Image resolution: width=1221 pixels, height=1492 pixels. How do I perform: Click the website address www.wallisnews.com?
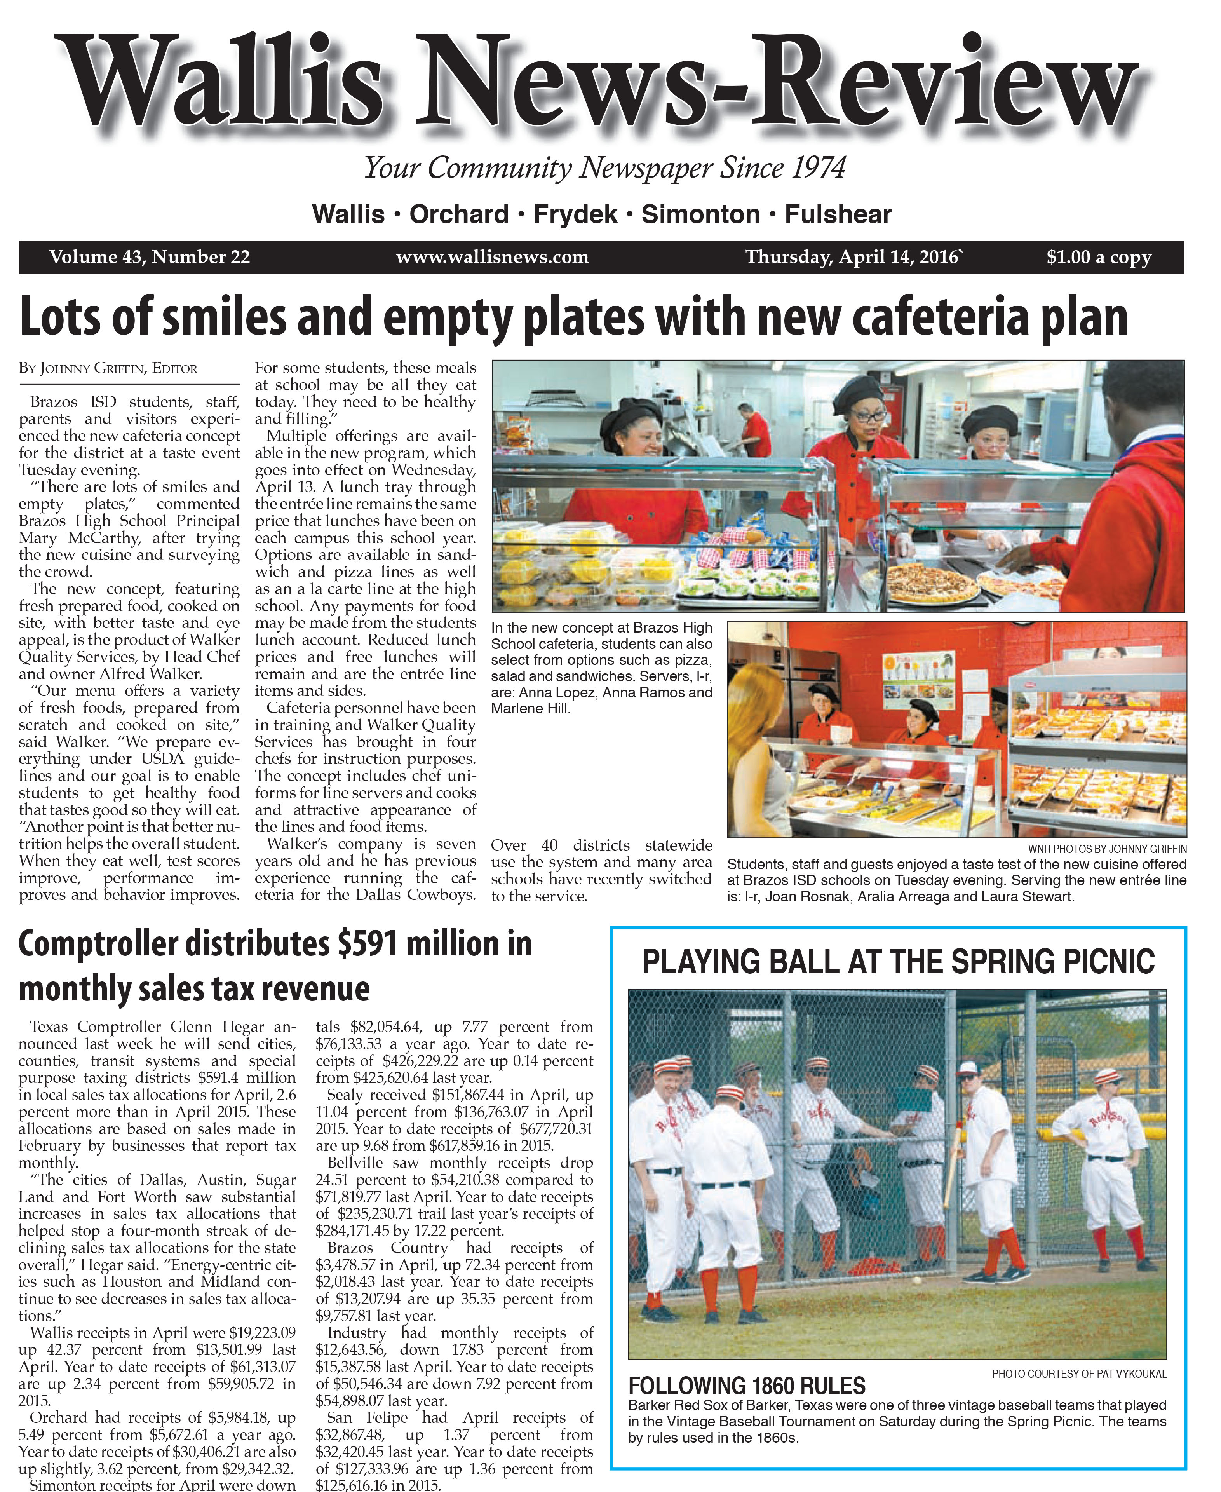(492, 258)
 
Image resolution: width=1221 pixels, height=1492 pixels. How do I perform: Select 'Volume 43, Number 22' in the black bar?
(149, 258)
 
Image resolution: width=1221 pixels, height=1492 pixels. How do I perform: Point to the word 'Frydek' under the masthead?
(575, 214)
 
